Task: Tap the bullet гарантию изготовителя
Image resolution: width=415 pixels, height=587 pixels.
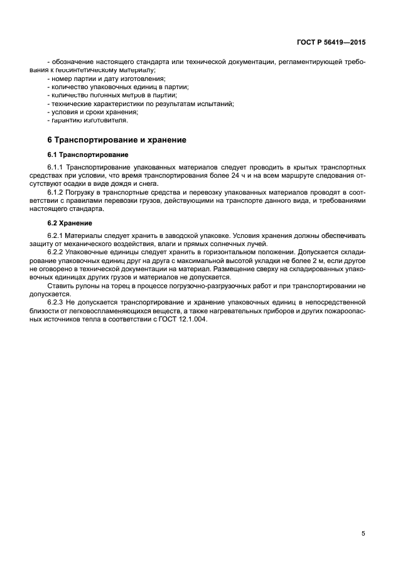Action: coord(88,120)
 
